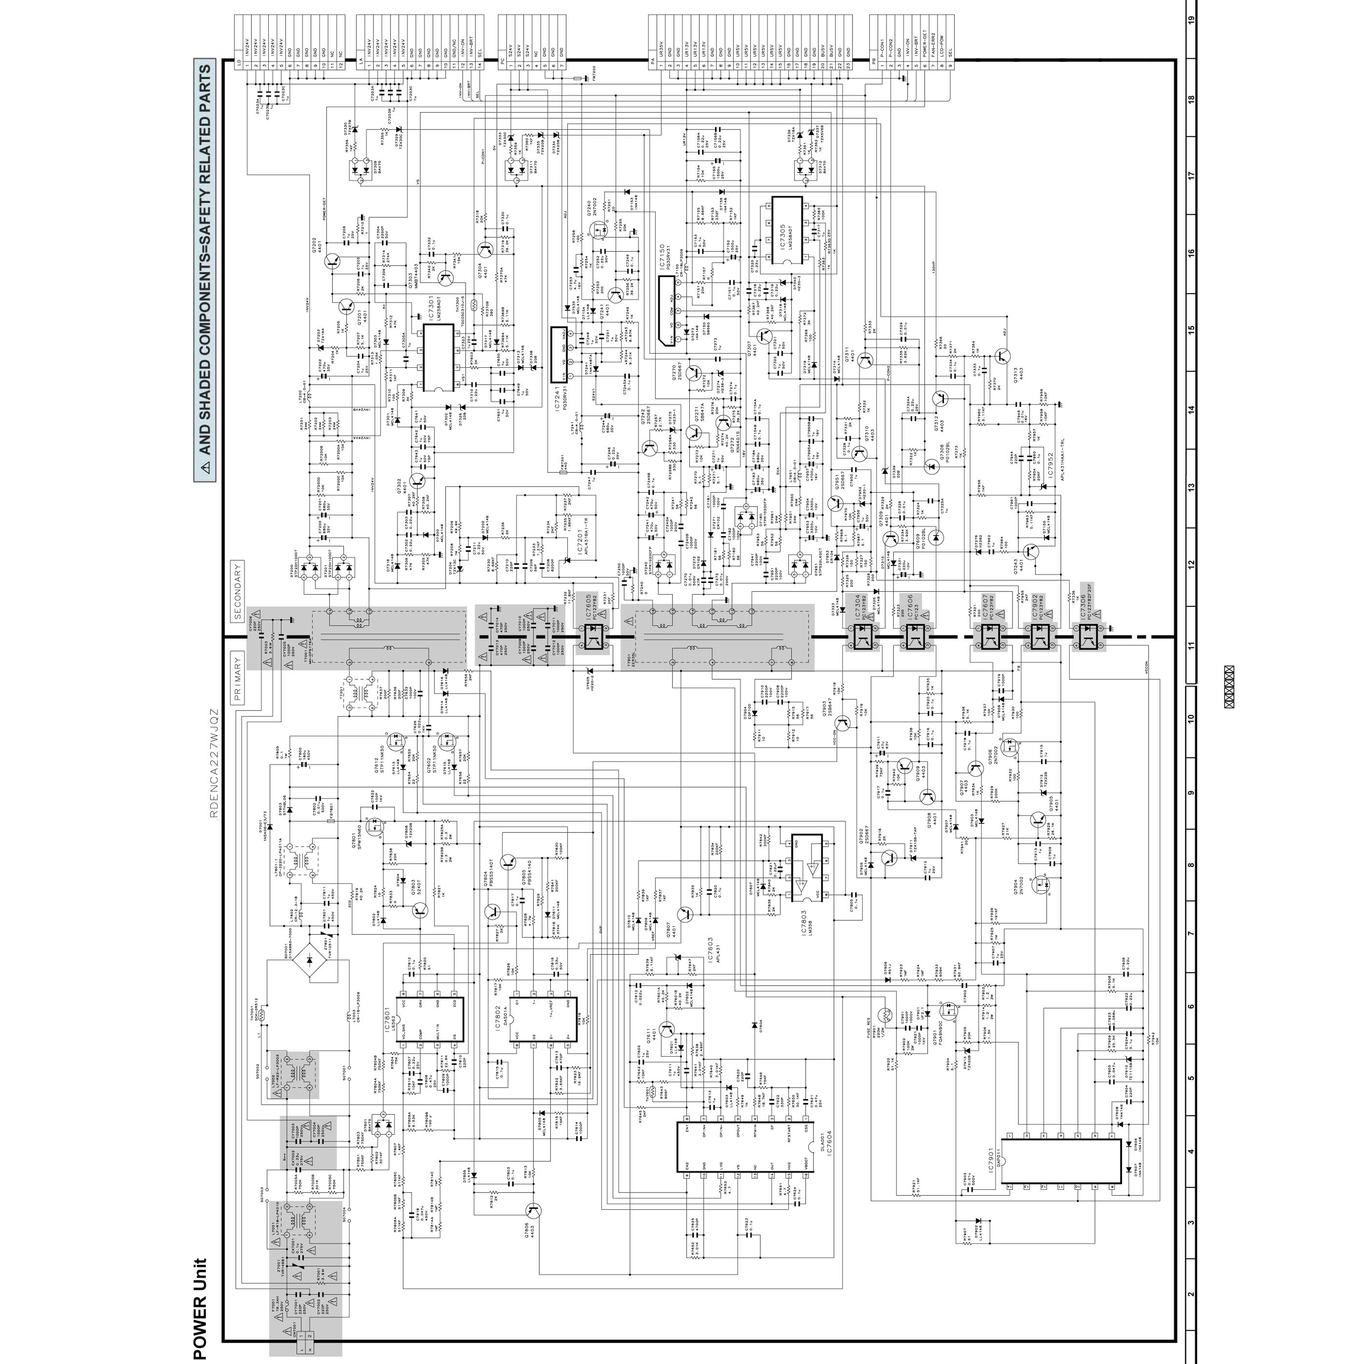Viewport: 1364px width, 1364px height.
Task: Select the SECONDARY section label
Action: [238, 591]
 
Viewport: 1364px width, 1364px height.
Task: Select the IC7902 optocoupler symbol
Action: [1038, 637]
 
